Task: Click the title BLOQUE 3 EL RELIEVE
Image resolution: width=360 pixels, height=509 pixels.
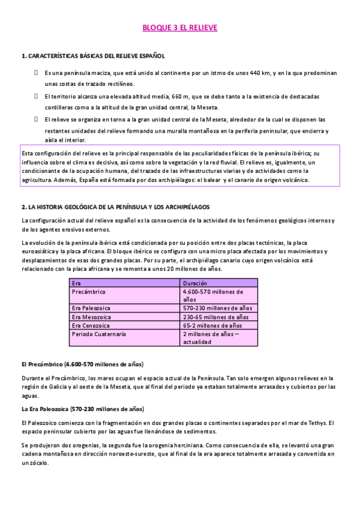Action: [179, 28]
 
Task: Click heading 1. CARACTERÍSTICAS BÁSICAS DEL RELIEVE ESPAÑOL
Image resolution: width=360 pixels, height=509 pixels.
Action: [93, 56]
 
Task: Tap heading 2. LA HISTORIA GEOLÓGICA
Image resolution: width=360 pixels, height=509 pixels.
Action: [115, 206]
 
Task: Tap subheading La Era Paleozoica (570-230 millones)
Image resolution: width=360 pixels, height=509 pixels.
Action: [82, 409]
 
